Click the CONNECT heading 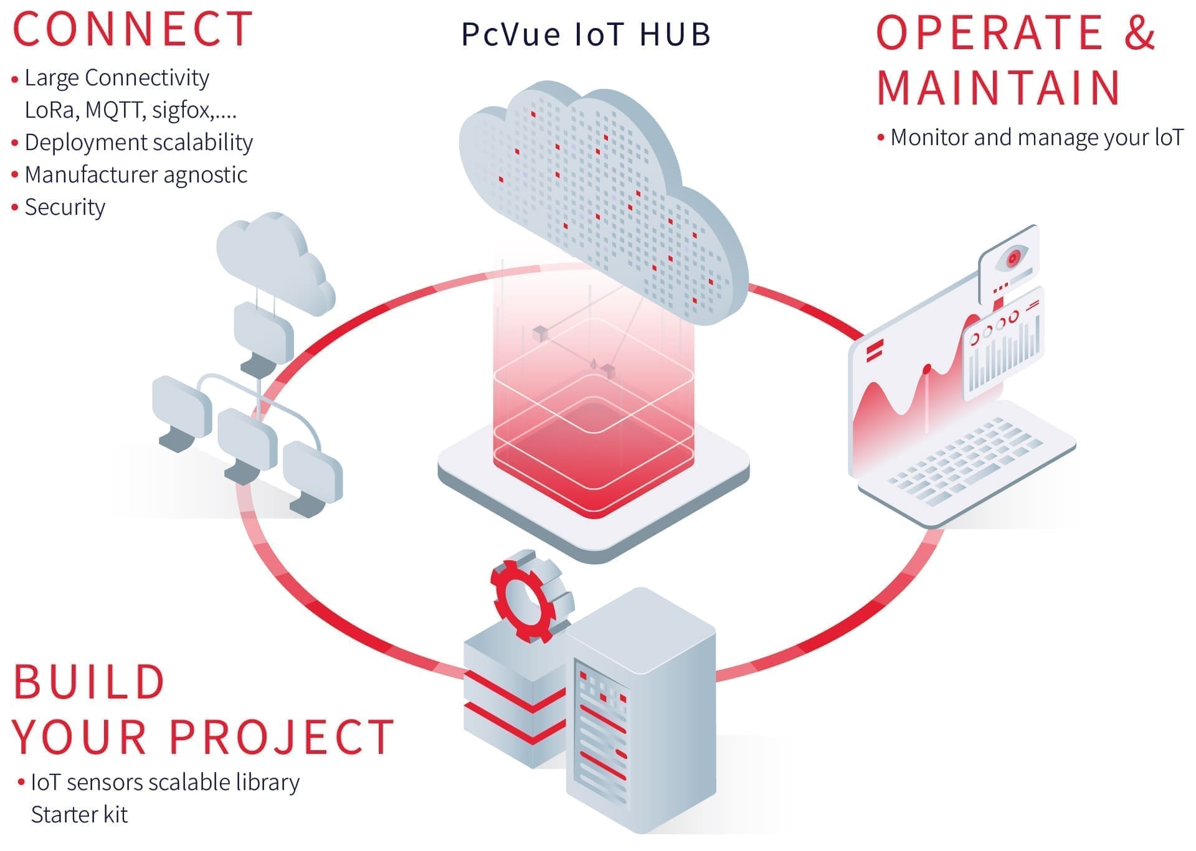[x=133, y=29]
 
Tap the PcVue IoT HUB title [x=586, y=34]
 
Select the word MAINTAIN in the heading [x=999, y=88]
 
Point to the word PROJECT [x=282, y=737]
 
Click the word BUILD [x=89, y=682]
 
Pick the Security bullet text [x=65, y=207]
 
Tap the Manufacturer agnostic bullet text [x=136, y=175]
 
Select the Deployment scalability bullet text [x=138, y=143]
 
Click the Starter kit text [x=79, y=814]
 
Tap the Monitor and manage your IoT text [x=1036, y=138]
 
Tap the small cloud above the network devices [x=271, y=261]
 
